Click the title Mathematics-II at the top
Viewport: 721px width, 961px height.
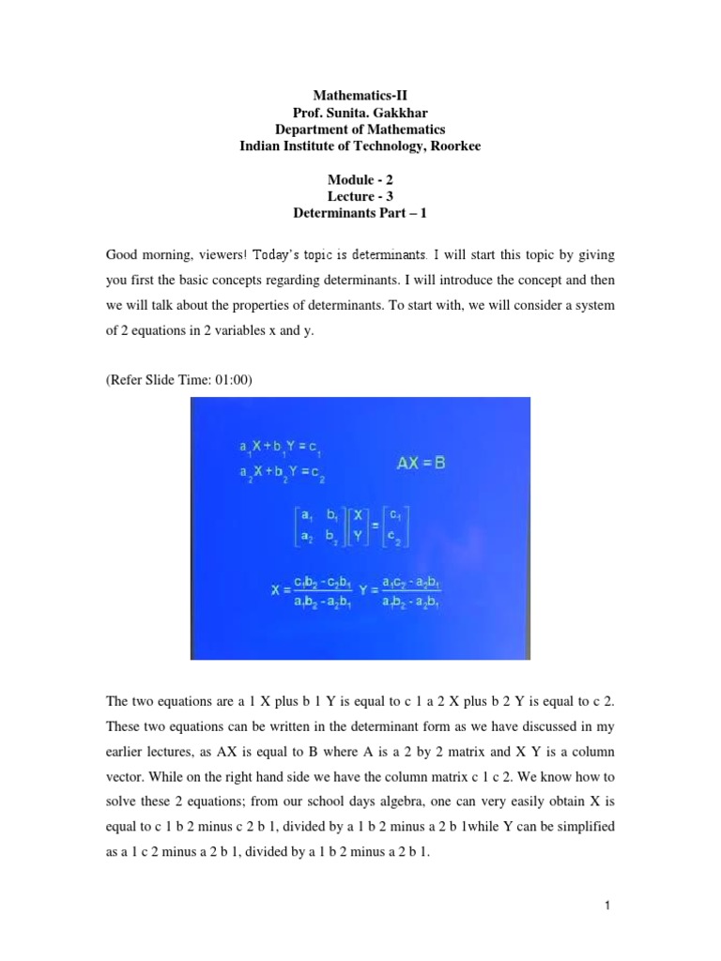(360, 96)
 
